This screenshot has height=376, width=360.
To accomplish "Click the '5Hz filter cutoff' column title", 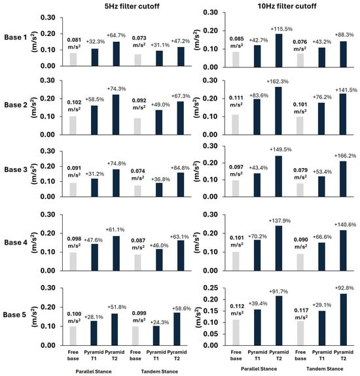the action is [x=132, y=6].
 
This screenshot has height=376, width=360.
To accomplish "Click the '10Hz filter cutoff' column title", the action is [x=287, y=6].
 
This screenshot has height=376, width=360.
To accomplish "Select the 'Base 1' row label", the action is [x=15, y=37].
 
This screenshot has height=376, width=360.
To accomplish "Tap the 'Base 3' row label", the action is [x=16, y=169].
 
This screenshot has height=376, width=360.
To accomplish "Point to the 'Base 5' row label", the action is [x=14, y=315].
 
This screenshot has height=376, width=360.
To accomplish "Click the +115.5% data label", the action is [x=281, y=29].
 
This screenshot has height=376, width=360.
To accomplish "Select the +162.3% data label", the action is [x=278, y=82].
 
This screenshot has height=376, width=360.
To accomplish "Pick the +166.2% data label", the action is [x=346, y=156].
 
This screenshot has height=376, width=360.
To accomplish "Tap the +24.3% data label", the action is [x=160, y=322].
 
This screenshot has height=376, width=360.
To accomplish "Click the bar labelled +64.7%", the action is [x=117, y=54].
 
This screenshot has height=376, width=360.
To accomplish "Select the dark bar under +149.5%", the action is [x=279, y=177].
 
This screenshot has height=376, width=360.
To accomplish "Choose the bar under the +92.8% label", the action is [x=344, y=320].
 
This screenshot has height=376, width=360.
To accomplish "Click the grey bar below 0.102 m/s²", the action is [x=73, y=126].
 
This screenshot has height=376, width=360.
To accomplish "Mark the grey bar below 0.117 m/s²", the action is [x=300, y=333].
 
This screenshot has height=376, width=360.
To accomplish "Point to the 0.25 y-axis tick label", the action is [x=211, y=288].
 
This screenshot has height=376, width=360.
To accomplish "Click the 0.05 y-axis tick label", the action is [x=211, y=334].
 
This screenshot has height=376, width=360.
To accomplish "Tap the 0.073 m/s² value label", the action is [x=139, y=41].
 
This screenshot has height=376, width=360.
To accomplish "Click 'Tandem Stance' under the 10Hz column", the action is [x=325, y=369].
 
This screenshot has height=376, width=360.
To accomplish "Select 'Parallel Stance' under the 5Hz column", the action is [x=94, y=371].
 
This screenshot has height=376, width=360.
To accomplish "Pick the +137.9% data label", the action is [x=280, y=220].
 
